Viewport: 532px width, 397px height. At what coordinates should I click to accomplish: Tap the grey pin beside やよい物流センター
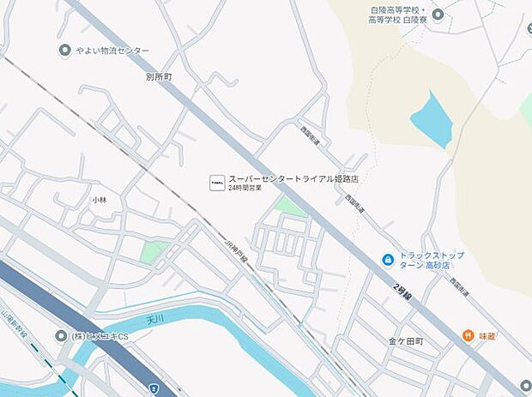(64, 51)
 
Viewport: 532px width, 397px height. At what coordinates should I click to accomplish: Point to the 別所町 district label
(159, 76)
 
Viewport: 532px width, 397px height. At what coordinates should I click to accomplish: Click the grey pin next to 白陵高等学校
(438, 14)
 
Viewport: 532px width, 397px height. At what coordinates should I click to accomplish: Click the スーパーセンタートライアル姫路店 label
(293, 180)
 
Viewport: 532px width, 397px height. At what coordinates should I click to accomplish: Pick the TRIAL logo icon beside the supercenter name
(216, 183)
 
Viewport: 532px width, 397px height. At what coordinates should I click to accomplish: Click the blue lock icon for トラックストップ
(388, 259)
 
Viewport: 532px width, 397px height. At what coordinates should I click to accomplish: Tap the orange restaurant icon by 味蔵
(469, 335)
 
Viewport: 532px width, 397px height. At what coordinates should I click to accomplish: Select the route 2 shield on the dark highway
(152, 388)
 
